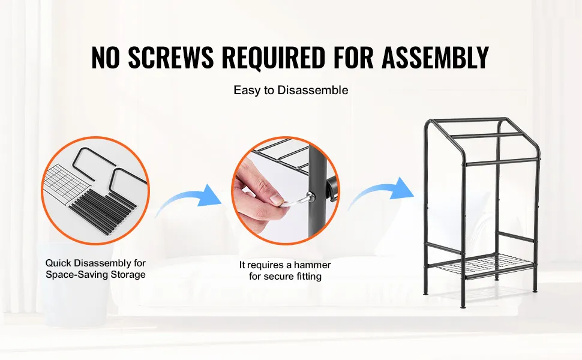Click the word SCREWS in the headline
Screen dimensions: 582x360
(x=171, y=58)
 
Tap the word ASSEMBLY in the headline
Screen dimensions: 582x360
(x=435, y=58)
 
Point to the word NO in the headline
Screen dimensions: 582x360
(x=106, y=58)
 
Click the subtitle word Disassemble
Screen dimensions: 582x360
(x=313, y=90)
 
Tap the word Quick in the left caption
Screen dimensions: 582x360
(x=59, y=263)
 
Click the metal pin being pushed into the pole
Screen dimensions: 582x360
(x=295, y=201)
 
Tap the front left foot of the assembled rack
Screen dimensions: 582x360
(x=426, y=293)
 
